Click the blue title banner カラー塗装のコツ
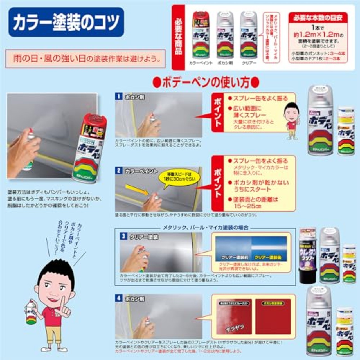coord(66,22)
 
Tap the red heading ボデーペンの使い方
coord(206,82)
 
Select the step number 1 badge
coord(119,96)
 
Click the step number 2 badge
coord(119,171)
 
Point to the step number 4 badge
coord(119,298)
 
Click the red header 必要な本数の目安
coord(318,18)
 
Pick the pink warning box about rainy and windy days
coord(85,58)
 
